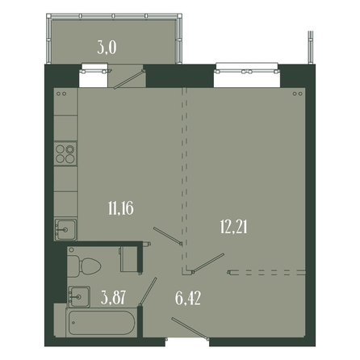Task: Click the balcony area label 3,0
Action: pos(107,48)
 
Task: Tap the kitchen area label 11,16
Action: pos(120,208)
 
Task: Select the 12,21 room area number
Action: pos(233,227)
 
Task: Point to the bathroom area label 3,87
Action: pos(113,298)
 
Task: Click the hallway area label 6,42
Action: pos(188,298)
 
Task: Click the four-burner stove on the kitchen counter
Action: pos(65,154)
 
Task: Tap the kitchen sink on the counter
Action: pos(65,229)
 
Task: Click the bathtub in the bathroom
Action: pos(102,323)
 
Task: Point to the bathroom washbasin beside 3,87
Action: pos(79,296)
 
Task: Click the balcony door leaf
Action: pos(129,79)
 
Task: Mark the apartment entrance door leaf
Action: pos(190,329)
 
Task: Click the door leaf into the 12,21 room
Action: pos(208,263)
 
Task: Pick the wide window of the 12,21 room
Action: pos(247,71)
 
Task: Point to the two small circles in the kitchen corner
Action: pos(61,94)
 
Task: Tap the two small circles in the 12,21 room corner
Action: pos(298,94)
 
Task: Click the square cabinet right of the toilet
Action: pos(129,258)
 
